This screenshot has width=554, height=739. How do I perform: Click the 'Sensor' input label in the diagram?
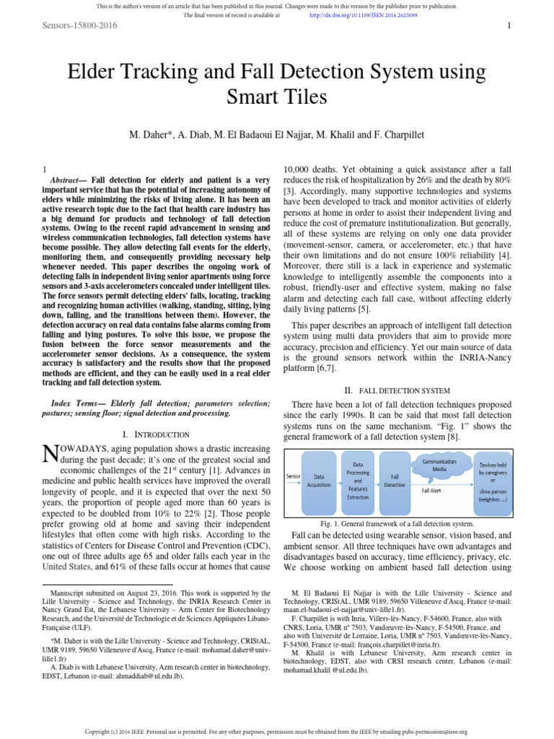pyautogui.click(x=293, y=476)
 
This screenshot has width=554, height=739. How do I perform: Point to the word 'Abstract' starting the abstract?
pyautogui.click(x=69, y=179)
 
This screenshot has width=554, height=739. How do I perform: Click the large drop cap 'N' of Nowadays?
pyautogui.click(x=50, y=453)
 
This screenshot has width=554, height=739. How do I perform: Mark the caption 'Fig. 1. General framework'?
pyautogui.click(x=397, y=523)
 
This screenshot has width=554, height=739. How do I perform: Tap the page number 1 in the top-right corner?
pyautogui.click(x=509, y=26)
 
